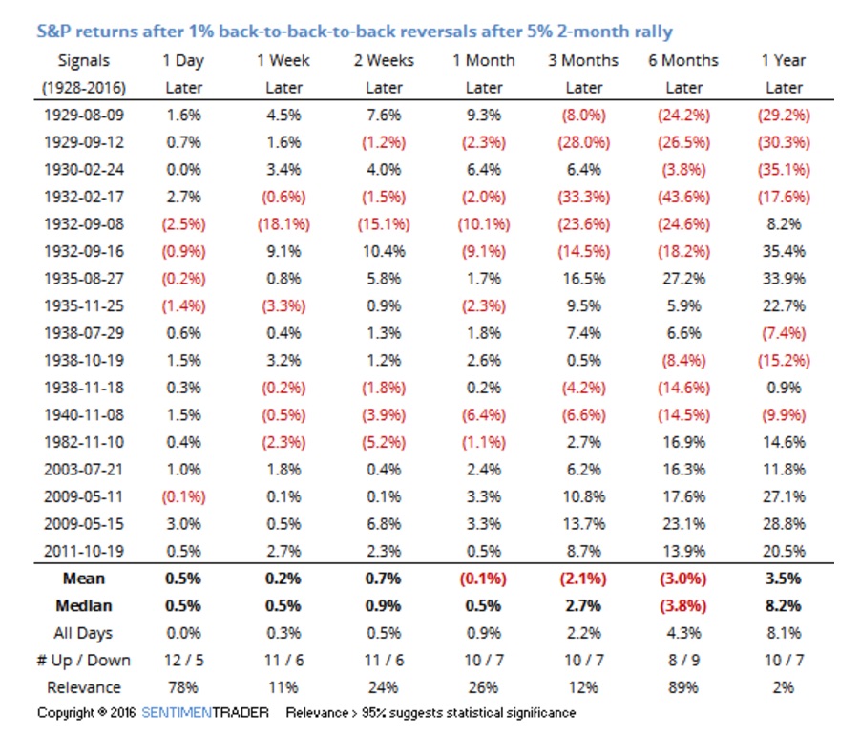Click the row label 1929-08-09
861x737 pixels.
(x=83, y=115)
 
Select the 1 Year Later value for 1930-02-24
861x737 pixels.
(x=784, y=169)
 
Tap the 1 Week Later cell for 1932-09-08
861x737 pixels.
(x=283, y=224)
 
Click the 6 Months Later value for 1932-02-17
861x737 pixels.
(x=683, y=197)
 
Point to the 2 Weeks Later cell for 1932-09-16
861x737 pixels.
(x=384, y=251)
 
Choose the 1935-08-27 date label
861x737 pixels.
(x=83, y=279)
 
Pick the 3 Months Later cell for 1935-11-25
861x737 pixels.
(x=583, y=305)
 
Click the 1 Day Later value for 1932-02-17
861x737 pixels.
(x=184, y=197)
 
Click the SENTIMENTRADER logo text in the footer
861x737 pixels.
(x=205, y=713)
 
